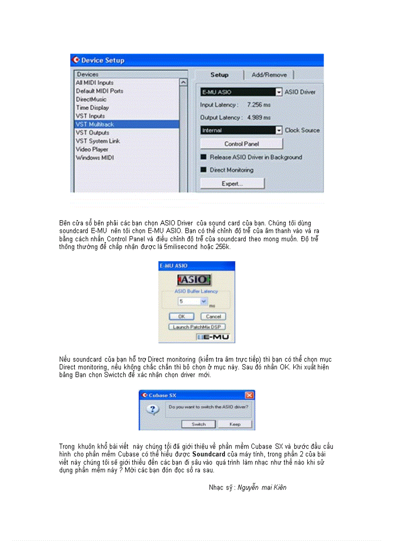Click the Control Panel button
pyautogui.click(x=241, y=144)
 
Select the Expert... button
pyautogui.click(x=232, y=184)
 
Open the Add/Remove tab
pyautogui.click(x=269, y=75)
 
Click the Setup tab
pyautogui.click(x=219, y=75)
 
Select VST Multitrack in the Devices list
pyautogui.click(x=95, y=124)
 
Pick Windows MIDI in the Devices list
pyautogui.click(x=94, y=158)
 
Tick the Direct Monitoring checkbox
pyautogui.click(x=204, y=170)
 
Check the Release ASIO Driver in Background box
pyautogui.click(x=204, y=157)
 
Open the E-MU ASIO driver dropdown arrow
pyautogui.click(x=278, y=92)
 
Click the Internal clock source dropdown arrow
pyautogui.click(x=278, y=130)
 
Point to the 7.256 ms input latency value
pyautogui.click(x=259, y=105)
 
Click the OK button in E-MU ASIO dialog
pyautogui.click(x=182, y=317)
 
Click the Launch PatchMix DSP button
pyautogui.click(x=196, y=327)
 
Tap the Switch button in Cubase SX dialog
pyautogui.click(x=198, y=424)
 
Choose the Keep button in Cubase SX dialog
pyautogui.click(x=235, y=424)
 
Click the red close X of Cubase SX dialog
pyautogui.click(x=249, y=395)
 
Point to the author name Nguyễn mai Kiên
pyautogui.click(x=262, y=488)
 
